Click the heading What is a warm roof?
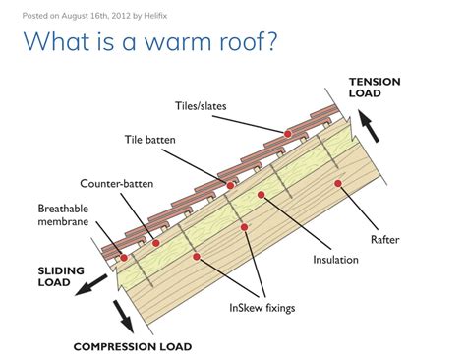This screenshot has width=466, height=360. tap(151, 42)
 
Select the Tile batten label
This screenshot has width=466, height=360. tap(150, 141)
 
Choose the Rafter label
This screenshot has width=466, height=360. tap(384, 237)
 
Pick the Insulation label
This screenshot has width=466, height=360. tap(336, 260)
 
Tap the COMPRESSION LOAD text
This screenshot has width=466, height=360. tap(132, 347)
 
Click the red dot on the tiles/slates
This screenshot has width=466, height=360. tap(287, 133)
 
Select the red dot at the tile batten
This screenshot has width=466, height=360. tap(230, 185)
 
